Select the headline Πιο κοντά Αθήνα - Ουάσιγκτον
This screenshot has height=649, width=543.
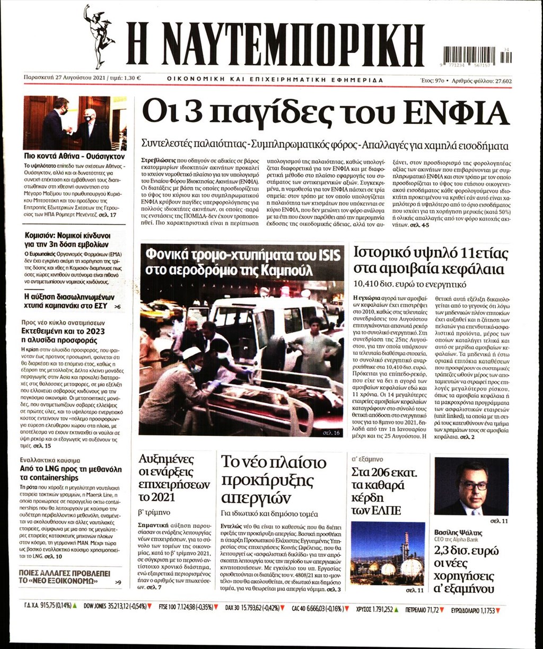point(74,157)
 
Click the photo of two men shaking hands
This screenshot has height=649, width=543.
point(74,122)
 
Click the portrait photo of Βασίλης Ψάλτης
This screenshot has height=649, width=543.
point(471,486)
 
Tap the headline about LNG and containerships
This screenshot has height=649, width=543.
point(71,473)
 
